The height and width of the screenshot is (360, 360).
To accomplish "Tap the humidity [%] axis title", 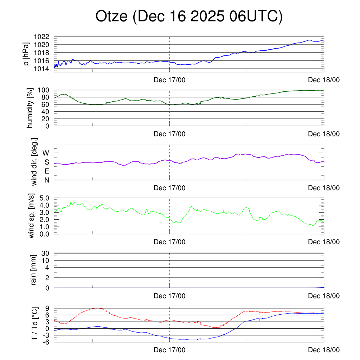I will point(30,108).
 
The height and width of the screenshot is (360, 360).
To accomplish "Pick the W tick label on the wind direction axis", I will point(46,153).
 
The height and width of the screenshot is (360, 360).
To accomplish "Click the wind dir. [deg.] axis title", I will point(34,162).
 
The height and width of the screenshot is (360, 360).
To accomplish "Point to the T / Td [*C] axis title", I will point(34,323).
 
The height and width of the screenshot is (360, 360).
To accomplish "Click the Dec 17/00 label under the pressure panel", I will point(169,80).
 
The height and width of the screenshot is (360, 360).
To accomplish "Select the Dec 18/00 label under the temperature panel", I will point(324,350).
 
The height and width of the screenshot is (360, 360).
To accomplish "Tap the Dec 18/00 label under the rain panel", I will point(324,296).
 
